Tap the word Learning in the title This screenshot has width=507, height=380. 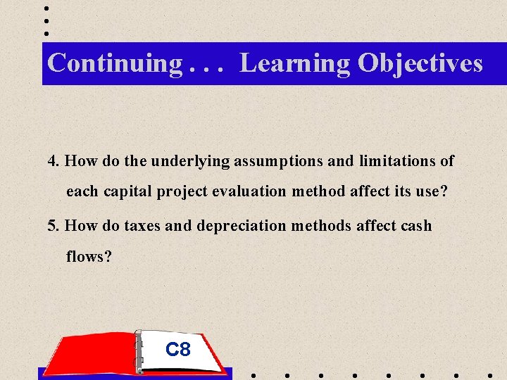pyautogui.click(x=294, y=63)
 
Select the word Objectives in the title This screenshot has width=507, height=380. pyautogui.click(x=420, y=63)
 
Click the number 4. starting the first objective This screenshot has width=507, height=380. pyautogui.click(x=54, y=161)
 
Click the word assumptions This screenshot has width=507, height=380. pyautogui.click(x=279, y=161)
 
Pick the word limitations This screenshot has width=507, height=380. pyautogui.click(x=399, y=161)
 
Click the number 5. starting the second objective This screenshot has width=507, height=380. pyautogui.click(x=54, y=226)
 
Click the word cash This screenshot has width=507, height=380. pyautogui.click(x=415, y=226)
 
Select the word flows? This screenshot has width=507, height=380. pyautogui.click(x=89, y=257)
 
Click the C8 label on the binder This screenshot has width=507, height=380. pyautogui.click(x=177, y=349)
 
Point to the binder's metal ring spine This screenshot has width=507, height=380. pyautogui.click(x=139, y=352)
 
